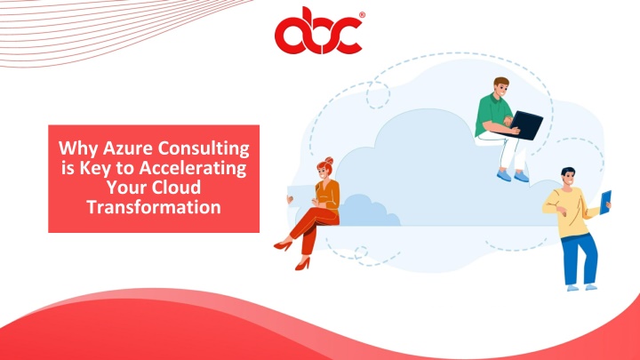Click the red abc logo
(x=318, y=32)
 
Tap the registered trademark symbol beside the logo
(x=362, y=15)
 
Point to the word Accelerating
(x=193, y=168)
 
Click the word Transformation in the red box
(x=154, y=207)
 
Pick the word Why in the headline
(x=78, y=148)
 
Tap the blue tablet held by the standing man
(x=605, y=203)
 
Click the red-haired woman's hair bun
(x=329, y=160)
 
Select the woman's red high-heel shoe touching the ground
(x=302, y=264)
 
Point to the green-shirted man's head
(x=500, y=86)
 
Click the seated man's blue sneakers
(x=513, y=176)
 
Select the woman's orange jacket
(x=327, y=195)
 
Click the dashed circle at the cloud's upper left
(x=378, y=95)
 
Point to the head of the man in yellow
(x=568, y=177)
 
